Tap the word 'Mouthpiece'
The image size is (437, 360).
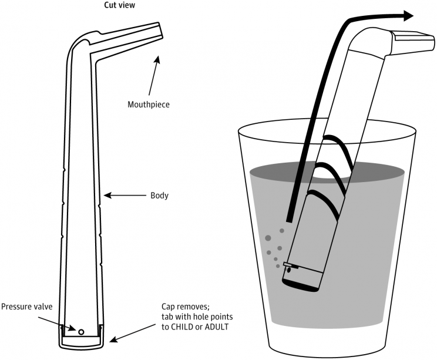coord(148,105)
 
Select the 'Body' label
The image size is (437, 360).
coord(159,195)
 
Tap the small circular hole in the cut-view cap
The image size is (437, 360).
coord(81,332)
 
